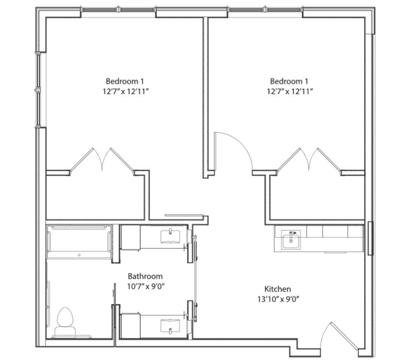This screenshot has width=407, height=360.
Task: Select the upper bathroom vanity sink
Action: tap(170, 236)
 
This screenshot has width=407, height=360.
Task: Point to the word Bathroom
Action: tap(145, 276)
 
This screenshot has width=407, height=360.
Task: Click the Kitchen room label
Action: tap(278, 289)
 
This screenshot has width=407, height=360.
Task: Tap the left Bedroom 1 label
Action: tap(125, 81)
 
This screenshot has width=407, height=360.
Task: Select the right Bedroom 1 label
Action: tap(289, 81)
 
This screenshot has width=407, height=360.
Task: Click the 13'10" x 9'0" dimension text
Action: tap(278, 299)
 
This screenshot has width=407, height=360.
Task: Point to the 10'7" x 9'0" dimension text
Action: tap(146, 286)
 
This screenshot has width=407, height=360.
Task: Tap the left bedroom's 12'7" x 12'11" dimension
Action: tap(125, 91)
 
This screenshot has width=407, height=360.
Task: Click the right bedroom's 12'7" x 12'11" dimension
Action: tap(290, 91)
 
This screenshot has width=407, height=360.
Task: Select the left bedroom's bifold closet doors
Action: tap(102, 160)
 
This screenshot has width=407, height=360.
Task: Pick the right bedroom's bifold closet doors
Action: tap(309, 160)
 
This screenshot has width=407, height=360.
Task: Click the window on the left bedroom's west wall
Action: tap(38, 90)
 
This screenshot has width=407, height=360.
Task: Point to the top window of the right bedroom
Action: tap(265, 9)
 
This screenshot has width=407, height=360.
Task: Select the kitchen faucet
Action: tap(292, 235)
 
